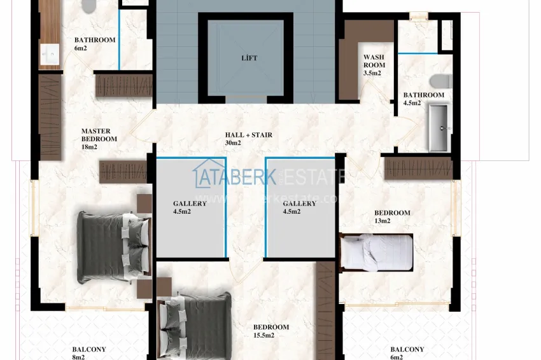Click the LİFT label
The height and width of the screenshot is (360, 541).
[249, 59]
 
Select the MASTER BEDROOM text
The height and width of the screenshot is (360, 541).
[99, 139]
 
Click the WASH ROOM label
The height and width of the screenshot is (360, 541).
[374, 65]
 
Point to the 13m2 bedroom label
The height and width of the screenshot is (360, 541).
[391, 217]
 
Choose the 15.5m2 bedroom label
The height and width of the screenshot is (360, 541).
[270, 331]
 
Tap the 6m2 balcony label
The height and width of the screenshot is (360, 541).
[407, 353]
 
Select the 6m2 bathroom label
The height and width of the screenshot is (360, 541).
[94, 44]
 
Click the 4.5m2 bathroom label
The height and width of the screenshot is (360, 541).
[423, 99]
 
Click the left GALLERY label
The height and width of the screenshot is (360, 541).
[190, 207]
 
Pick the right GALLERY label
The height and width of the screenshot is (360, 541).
[299, 207]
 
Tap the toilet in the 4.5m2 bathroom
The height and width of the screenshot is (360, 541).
[440, 81]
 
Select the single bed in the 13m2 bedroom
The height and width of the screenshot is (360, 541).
[376, 251]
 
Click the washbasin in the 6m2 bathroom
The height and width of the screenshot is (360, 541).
[48, 55]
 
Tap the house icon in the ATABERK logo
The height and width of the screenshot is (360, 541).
[205, 175]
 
